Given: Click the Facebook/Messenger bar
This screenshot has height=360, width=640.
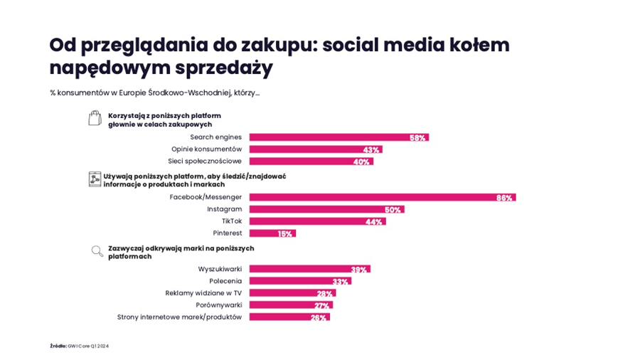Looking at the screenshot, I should (382, 197).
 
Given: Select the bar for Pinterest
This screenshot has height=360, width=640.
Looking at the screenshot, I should (272, 233).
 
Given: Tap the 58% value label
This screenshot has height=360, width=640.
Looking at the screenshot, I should (417, 137).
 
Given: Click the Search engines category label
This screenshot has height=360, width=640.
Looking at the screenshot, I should (215, 137).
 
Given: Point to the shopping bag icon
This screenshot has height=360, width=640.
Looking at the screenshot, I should (95, 118).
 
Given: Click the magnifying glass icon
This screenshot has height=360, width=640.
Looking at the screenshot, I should (97, 250).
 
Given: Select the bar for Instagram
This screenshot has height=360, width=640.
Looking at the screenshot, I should (326, 209).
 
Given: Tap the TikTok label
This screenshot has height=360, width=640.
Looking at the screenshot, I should (232, 221).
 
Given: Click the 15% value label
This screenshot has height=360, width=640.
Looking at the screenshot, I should (285, 233).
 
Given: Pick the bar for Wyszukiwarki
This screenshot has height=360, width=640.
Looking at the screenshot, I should (309, 269).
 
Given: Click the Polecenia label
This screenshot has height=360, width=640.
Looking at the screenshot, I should (225, 281).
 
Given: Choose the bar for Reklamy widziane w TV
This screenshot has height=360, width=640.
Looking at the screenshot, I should (292, 293).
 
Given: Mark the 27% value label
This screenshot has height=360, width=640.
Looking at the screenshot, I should (322, 305).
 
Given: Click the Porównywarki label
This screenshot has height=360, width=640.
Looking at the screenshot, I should (219, 305).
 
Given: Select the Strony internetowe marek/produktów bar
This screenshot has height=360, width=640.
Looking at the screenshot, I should (289, 317).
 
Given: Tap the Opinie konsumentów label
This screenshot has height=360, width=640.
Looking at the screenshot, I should (206, 149).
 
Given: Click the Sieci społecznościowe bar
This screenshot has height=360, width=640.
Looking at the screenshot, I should (311, 161).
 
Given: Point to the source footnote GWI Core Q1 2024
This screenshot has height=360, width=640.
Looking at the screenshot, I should (79, 346).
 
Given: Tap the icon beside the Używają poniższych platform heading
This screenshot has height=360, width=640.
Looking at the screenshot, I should (95, 179).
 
